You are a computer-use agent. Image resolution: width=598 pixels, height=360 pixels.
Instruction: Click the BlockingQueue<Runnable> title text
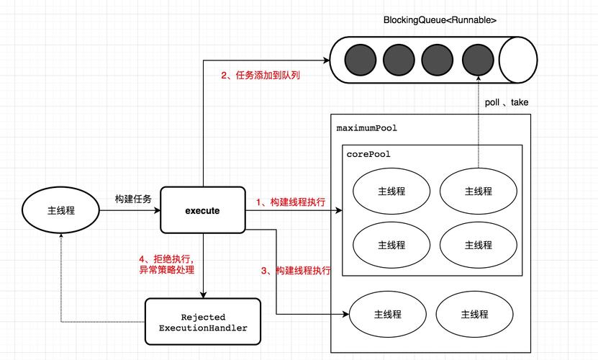coord(440,19)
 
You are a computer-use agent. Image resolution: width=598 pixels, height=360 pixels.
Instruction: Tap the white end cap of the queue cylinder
coord(520,60)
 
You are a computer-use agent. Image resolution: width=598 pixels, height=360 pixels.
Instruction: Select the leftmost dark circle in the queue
coord(359,60)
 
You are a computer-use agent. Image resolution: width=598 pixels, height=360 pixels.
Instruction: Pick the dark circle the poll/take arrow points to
coord(478,60)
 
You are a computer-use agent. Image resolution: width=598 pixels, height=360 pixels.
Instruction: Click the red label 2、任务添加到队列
coord(260,75)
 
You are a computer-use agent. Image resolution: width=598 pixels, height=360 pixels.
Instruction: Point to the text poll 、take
coord(507,102)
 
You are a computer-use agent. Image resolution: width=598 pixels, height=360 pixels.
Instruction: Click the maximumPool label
coord(367,128)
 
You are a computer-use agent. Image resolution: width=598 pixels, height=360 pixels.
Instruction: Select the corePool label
coord(368,154)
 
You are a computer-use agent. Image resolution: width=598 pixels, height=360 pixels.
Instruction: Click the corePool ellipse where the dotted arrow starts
coord(478,191)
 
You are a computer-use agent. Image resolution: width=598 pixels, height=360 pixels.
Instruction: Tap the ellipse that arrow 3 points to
coord(387,315)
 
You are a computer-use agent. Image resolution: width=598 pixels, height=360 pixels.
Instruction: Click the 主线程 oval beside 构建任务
coord(61,210)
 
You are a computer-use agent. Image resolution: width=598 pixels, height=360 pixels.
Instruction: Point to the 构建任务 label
coord(133,199)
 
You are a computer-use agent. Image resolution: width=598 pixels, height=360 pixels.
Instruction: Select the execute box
coord(202,210)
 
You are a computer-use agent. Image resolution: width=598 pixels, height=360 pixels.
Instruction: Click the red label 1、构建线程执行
coord(290,203)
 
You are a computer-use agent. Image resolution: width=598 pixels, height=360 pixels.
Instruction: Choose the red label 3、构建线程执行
coord(296,271)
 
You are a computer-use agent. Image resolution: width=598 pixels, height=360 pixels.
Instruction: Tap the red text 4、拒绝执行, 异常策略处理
coord(167,264)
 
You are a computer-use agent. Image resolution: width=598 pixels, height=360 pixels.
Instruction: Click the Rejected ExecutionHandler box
coord(202,322)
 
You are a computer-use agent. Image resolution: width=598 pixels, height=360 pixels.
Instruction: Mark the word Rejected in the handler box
coord(203,317)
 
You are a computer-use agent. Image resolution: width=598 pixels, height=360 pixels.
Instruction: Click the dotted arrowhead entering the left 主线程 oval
coord(61,238)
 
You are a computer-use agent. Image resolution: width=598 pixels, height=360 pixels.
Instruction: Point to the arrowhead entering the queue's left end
coord(326,60)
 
